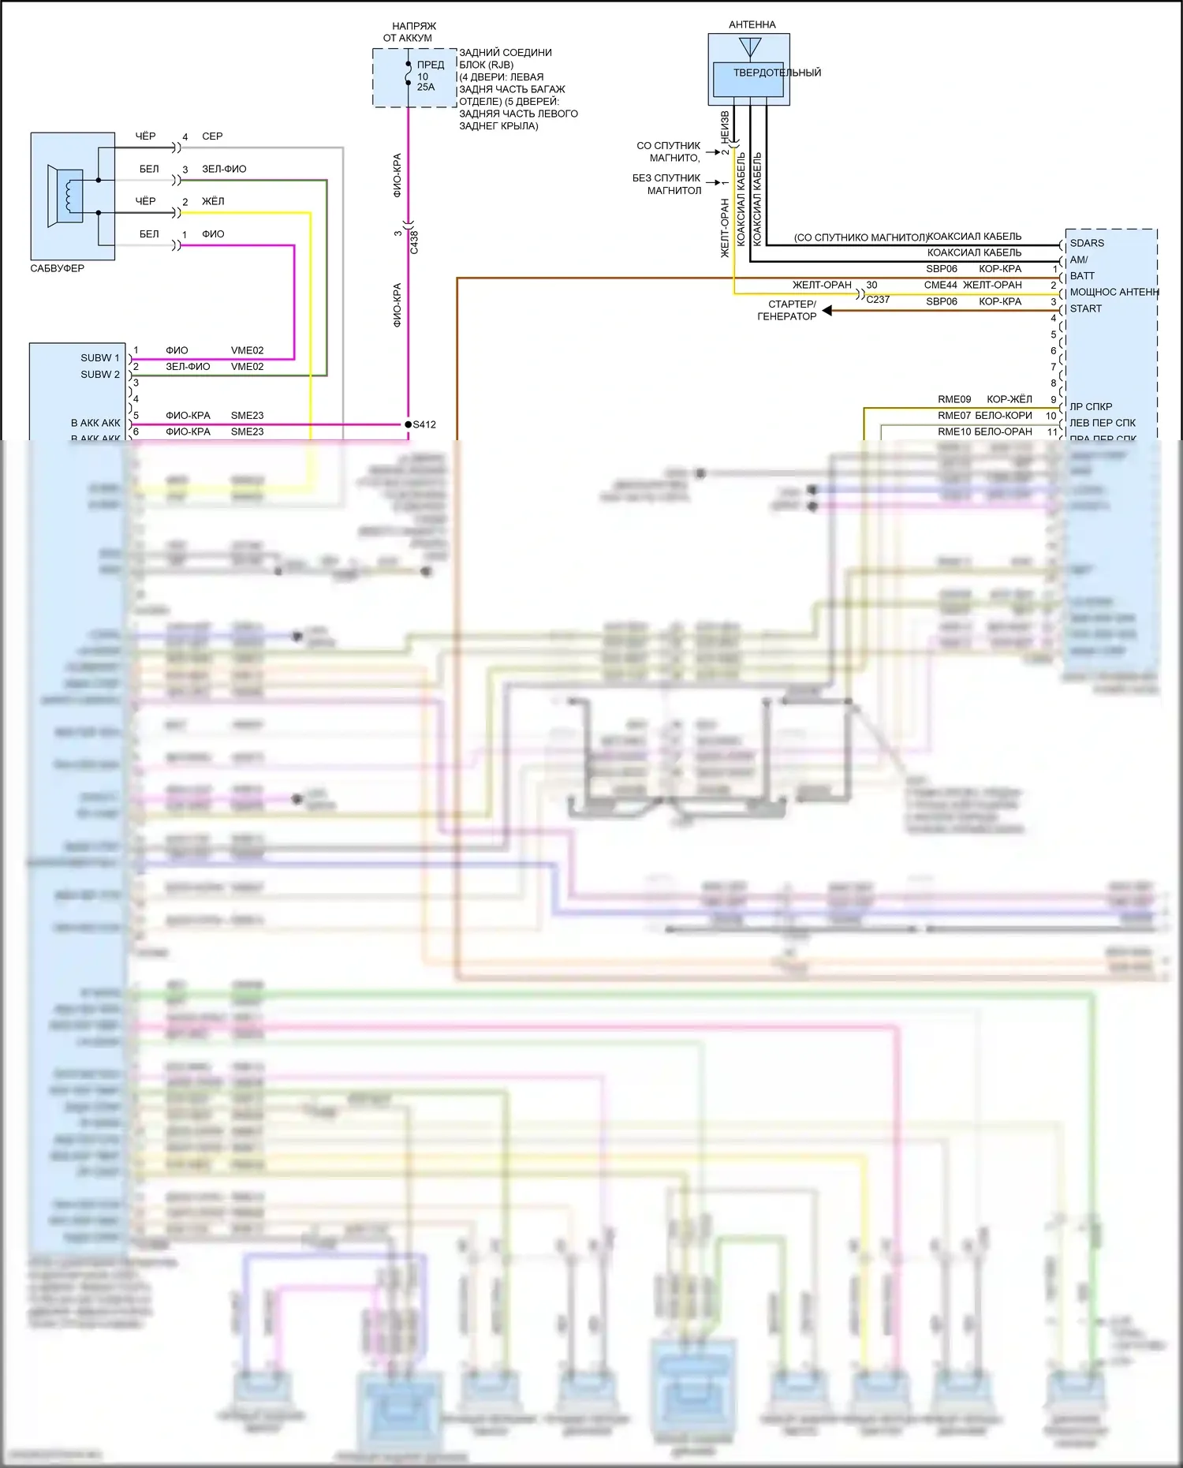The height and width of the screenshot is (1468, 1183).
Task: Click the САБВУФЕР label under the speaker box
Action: pyautogui.click(x=57, y=268)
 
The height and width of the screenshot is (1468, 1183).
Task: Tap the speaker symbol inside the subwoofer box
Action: pyautogui.click(x=66, y=196)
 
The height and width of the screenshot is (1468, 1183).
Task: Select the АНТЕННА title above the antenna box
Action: pyautogui.click(x=752, y=24)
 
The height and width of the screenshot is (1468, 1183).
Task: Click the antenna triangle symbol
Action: pyautogui.click(x=750, y=47)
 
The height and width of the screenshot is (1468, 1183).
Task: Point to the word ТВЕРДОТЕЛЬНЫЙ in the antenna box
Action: pyautogui.click(x=777, y=73)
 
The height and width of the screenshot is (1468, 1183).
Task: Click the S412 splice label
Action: pyautogui.click(x=424, y=424)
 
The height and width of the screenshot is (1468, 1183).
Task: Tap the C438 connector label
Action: pyautogui.click(x=414, y=241)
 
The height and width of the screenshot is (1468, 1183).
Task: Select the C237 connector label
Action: pyautogui.click(x=878, y=300)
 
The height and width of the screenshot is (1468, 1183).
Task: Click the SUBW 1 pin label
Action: pyautogui.click(x=100, y=358)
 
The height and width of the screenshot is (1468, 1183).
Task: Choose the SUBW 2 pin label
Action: pyautogui.click(x=100, y=375)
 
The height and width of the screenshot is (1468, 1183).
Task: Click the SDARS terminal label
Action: pyautogui.click(x=1087, y=243)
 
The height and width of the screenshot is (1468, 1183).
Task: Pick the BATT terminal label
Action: pyautogui.click(x=1082, y=276)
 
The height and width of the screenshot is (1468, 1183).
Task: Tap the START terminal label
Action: pyautogui.click(x=1086, y=308)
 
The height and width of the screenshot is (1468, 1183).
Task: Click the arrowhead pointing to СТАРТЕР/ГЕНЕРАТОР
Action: pyautogui.click(x=827, y=311)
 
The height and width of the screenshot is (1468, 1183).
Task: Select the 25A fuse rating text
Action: pyautogui.click(x=426, y=87)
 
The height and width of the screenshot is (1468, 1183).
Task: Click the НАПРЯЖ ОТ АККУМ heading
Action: pyautogui.click(x=409, y=32)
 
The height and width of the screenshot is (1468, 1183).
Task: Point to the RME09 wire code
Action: pyautogui.click(x=954, y=399)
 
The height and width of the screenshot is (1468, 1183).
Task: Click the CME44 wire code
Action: pyautogui.click(x=940, y=285)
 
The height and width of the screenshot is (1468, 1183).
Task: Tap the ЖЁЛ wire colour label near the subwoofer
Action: pyautogui.click(x=213, y=201)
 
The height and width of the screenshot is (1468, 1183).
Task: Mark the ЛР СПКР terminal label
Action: pyautogui.click(x=1091, y=407)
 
